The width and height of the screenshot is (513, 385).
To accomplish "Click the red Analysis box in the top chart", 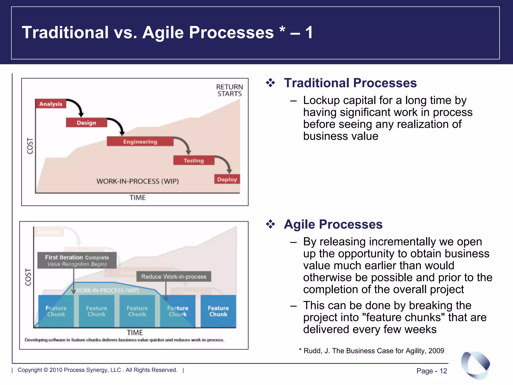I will [51, 104].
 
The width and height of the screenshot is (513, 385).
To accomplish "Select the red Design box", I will [86, 123].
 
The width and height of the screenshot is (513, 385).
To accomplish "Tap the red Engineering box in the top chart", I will [140, 142].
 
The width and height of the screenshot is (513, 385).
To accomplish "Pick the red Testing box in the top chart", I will [194, 160].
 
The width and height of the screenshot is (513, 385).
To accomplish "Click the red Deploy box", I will [227, 179].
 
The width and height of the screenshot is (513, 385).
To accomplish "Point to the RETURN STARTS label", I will [229, 90].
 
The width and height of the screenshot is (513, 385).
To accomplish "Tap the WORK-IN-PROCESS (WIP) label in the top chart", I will [138, 181].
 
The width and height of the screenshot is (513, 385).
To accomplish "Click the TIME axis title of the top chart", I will [138, 198].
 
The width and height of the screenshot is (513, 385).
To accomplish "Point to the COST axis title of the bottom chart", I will [28, 277].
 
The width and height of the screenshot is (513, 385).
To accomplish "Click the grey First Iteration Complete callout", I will [77, 260].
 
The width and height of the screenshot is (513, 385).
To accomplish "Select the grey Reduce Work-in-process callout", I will [174, 276].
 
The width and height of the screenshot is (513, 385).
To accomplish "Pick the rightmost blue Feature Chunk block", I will [218, 311].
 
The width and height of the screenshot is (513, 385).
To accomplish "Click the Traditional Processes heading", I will [350, 83].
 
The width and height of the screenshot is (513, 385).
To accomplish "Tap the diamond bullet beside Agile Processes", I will [271, 224].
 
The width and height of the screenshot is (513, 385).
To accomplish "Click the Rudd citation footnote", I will [372, 351].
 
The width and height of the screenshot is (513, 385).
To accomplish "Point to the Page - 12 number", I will [432, 371].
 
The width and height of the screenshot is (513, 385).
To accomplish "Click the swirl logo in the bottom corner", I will [475, 365].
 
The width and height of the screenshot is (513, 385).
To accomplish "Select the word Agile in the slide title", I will [163, 33].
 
